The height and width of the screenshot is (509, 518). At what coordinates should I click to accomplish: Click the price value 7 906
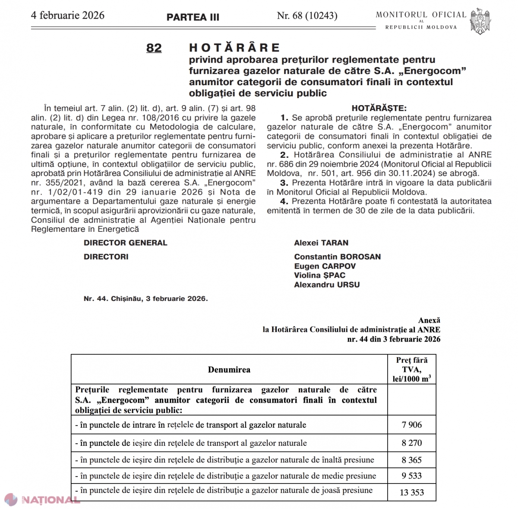point(411,425)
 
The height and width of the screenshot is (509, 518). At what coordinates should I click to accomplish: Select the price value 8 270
point(411,443)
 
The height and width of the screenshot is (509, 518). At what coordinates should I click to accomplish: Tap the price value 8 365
point(411,460)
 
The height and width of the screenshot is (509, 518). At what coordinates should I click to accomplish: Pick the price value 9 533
point(411,476)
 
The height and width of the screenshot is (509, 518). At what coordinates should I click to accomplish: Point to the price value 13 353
point(411,492)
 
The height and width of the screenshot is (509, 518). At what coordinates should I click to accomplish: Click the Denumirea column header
point(229,370)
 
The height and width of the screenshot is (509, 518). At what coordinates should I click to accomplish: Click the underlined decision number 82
point(154,48)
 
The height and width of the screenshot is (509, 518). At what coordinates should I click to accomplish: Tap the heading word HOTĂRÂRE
point(235,48)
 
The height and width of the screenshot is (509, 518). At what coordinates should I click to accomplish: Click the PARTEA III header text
point(193,17)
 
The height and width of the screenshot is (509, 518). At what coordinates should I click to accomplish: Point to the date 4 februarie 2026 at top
point(68,16)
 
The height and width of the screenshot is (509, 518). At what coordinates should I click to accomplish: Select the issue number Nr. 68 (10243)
point(307,16)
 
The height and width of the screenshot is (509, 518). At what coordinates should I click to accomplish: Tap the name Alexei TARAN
point(321,243)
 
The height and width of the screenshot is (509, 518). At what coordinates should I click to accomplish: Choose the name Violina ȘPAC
point(319,275)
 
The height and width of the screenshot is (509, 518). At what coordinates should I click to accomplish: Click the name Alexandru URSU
point(327,285)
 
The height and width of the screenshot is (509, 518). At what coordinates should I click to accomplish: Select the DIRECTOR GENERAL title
point(125,243)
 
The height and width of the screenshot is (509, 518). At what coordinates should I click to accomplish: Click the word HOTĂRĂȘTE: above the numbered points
point(379,108)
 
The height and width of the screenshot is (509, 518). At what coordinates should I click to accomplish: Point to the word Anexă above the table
point(429,320)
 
